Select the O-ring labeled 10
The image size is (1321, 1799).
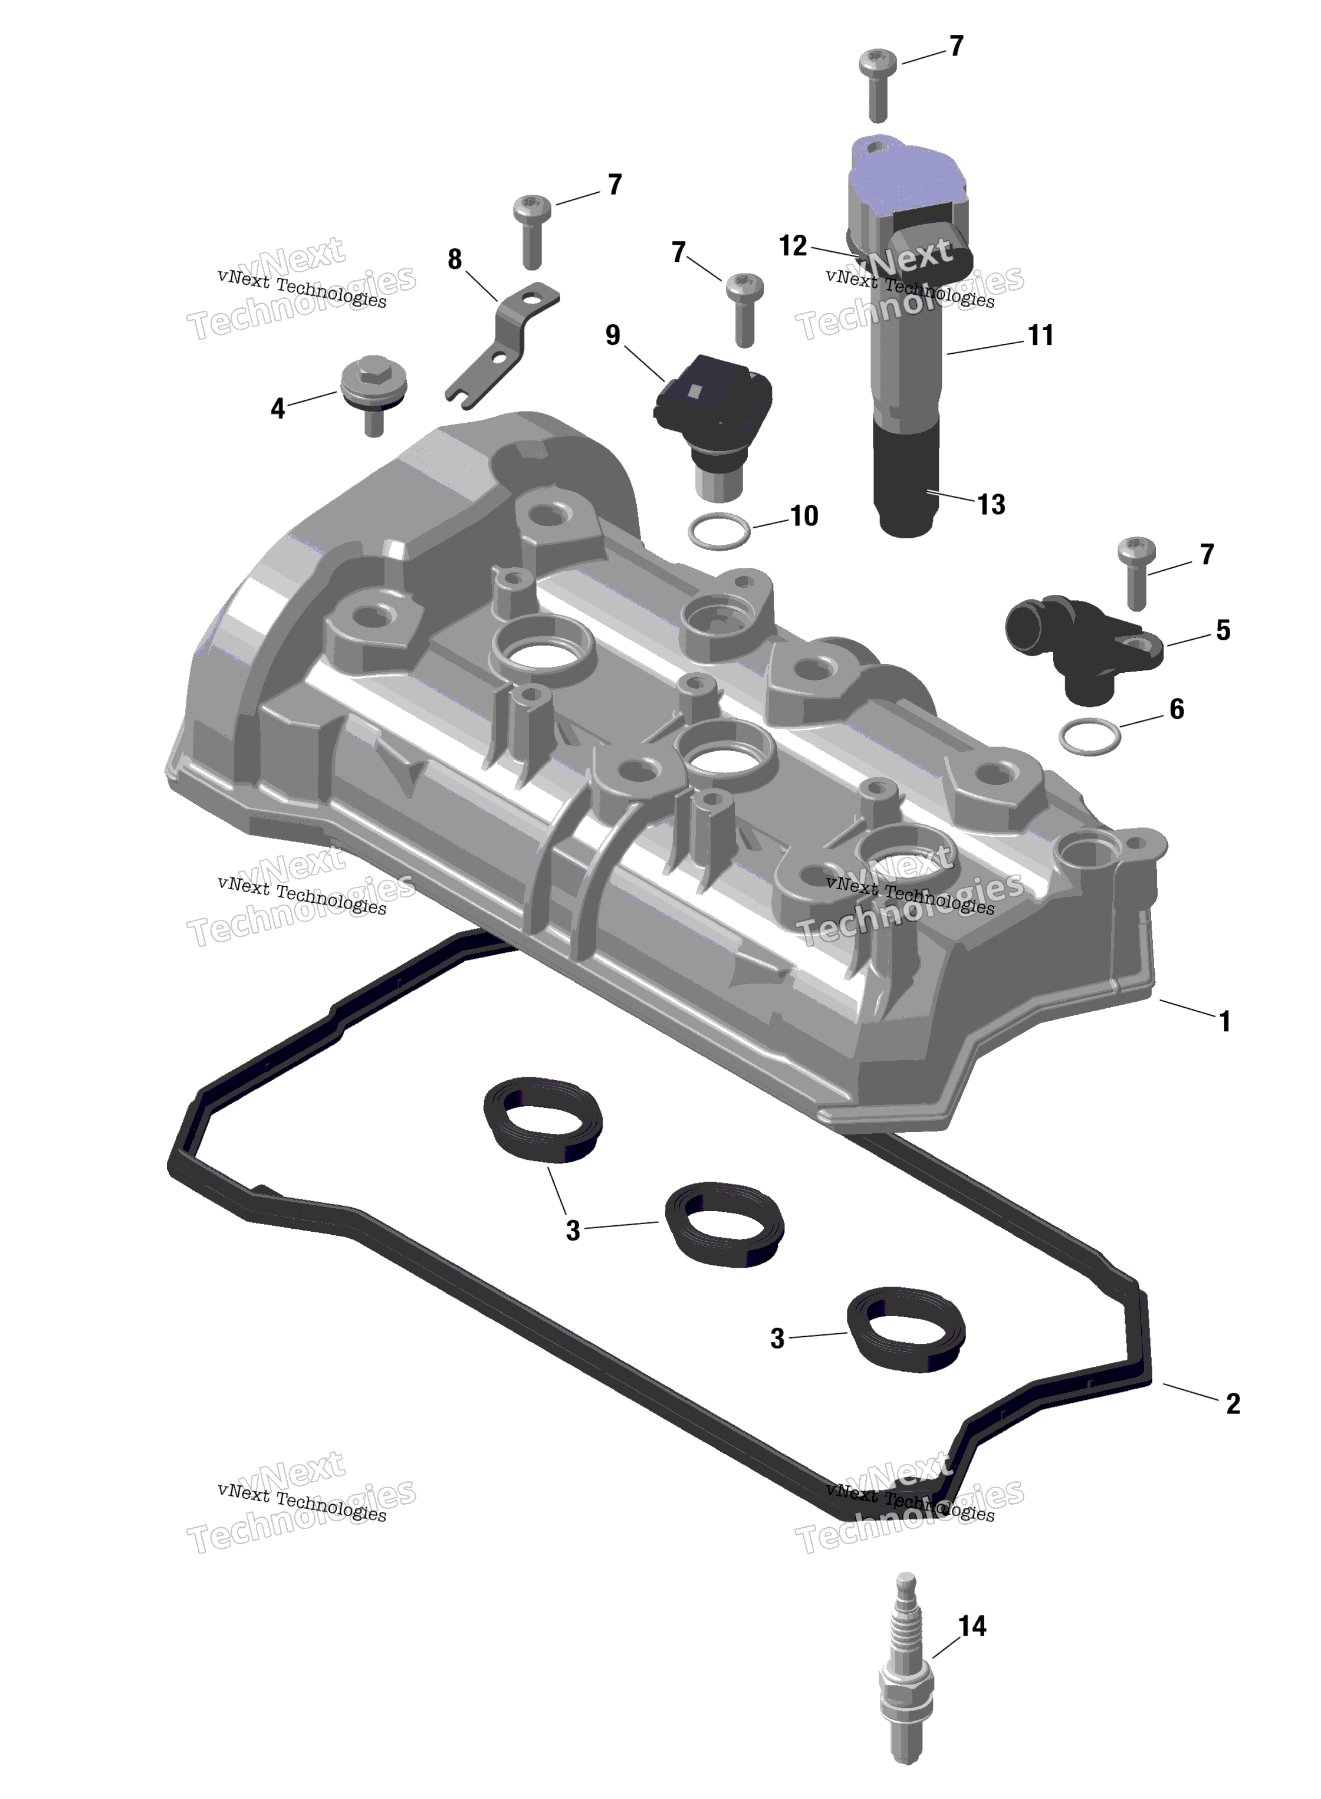(x=719, y=531)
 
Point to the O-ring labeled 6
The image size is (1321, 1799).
(x=1089, y=736)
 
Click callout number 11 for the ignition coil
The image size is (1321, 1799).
(x=1040, y=335)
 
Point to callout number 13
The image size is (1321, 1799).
(x=991, y=505)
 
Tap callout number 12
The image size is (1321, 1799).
(x=793, y=245)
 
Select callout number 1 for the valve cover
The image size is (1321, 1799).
(x=1224, y=1021)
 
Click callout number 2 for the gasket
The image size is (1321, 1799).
(x=1232, y=1403)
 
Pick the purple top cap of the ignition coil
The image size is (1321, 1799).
(x=903, y=172)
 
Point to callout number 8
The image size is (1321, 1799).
(x=454, y=259)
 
